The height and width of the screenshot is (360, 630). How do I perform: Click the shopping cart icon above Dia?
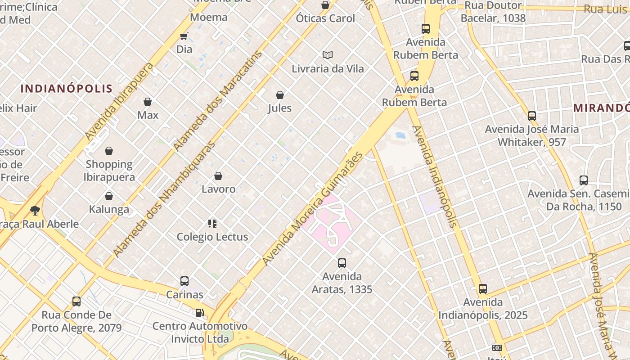tap(184, 36)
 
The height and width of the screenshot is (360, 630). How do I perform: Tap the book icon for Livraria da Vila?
tap(328, 55)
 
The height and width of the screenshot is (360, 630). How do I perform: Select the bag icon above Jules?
tap(280, 95)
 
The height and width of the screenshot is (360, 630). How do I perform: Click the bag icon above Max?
tap(148, 102)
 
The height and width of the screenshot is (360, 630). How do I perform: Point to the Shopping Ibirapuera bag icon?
tap(109, 151)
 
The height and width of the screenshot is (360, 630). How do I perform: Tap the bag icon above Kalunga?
tap(109, 196)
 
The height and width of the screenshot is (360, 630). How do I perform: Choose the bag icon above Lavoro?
tap(218, 176)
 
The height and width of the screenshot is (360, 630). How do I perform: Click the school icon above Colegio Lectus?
tap(212, 224)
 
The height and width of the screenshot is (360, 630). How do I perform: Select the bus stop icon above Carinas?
tap(184, 281)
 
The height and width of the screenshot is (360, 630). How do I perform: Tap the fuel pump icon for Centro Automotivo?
tap(199, 312)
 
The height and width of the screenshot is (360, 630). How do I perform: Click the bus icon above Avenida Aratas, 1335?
tap(342, 263)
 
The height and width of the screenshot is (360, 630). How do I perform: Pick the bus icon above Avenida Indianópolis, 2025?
tap(483, 289)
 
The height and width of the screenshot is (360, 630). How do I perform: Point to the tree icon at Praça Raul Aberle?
tap(35, 210)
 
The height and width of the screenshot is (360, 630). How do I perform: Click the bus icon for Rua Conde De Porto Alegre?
tap(76, 301)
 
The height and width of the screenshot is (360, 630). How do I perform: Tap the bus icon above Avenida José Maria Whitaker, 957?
tap(532, 116)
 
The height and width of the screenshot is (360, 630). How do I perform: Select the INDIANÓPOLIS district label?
tap(67, 88)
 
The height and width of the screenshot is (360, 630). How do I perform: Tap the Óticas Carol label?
tap(325, 18)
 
